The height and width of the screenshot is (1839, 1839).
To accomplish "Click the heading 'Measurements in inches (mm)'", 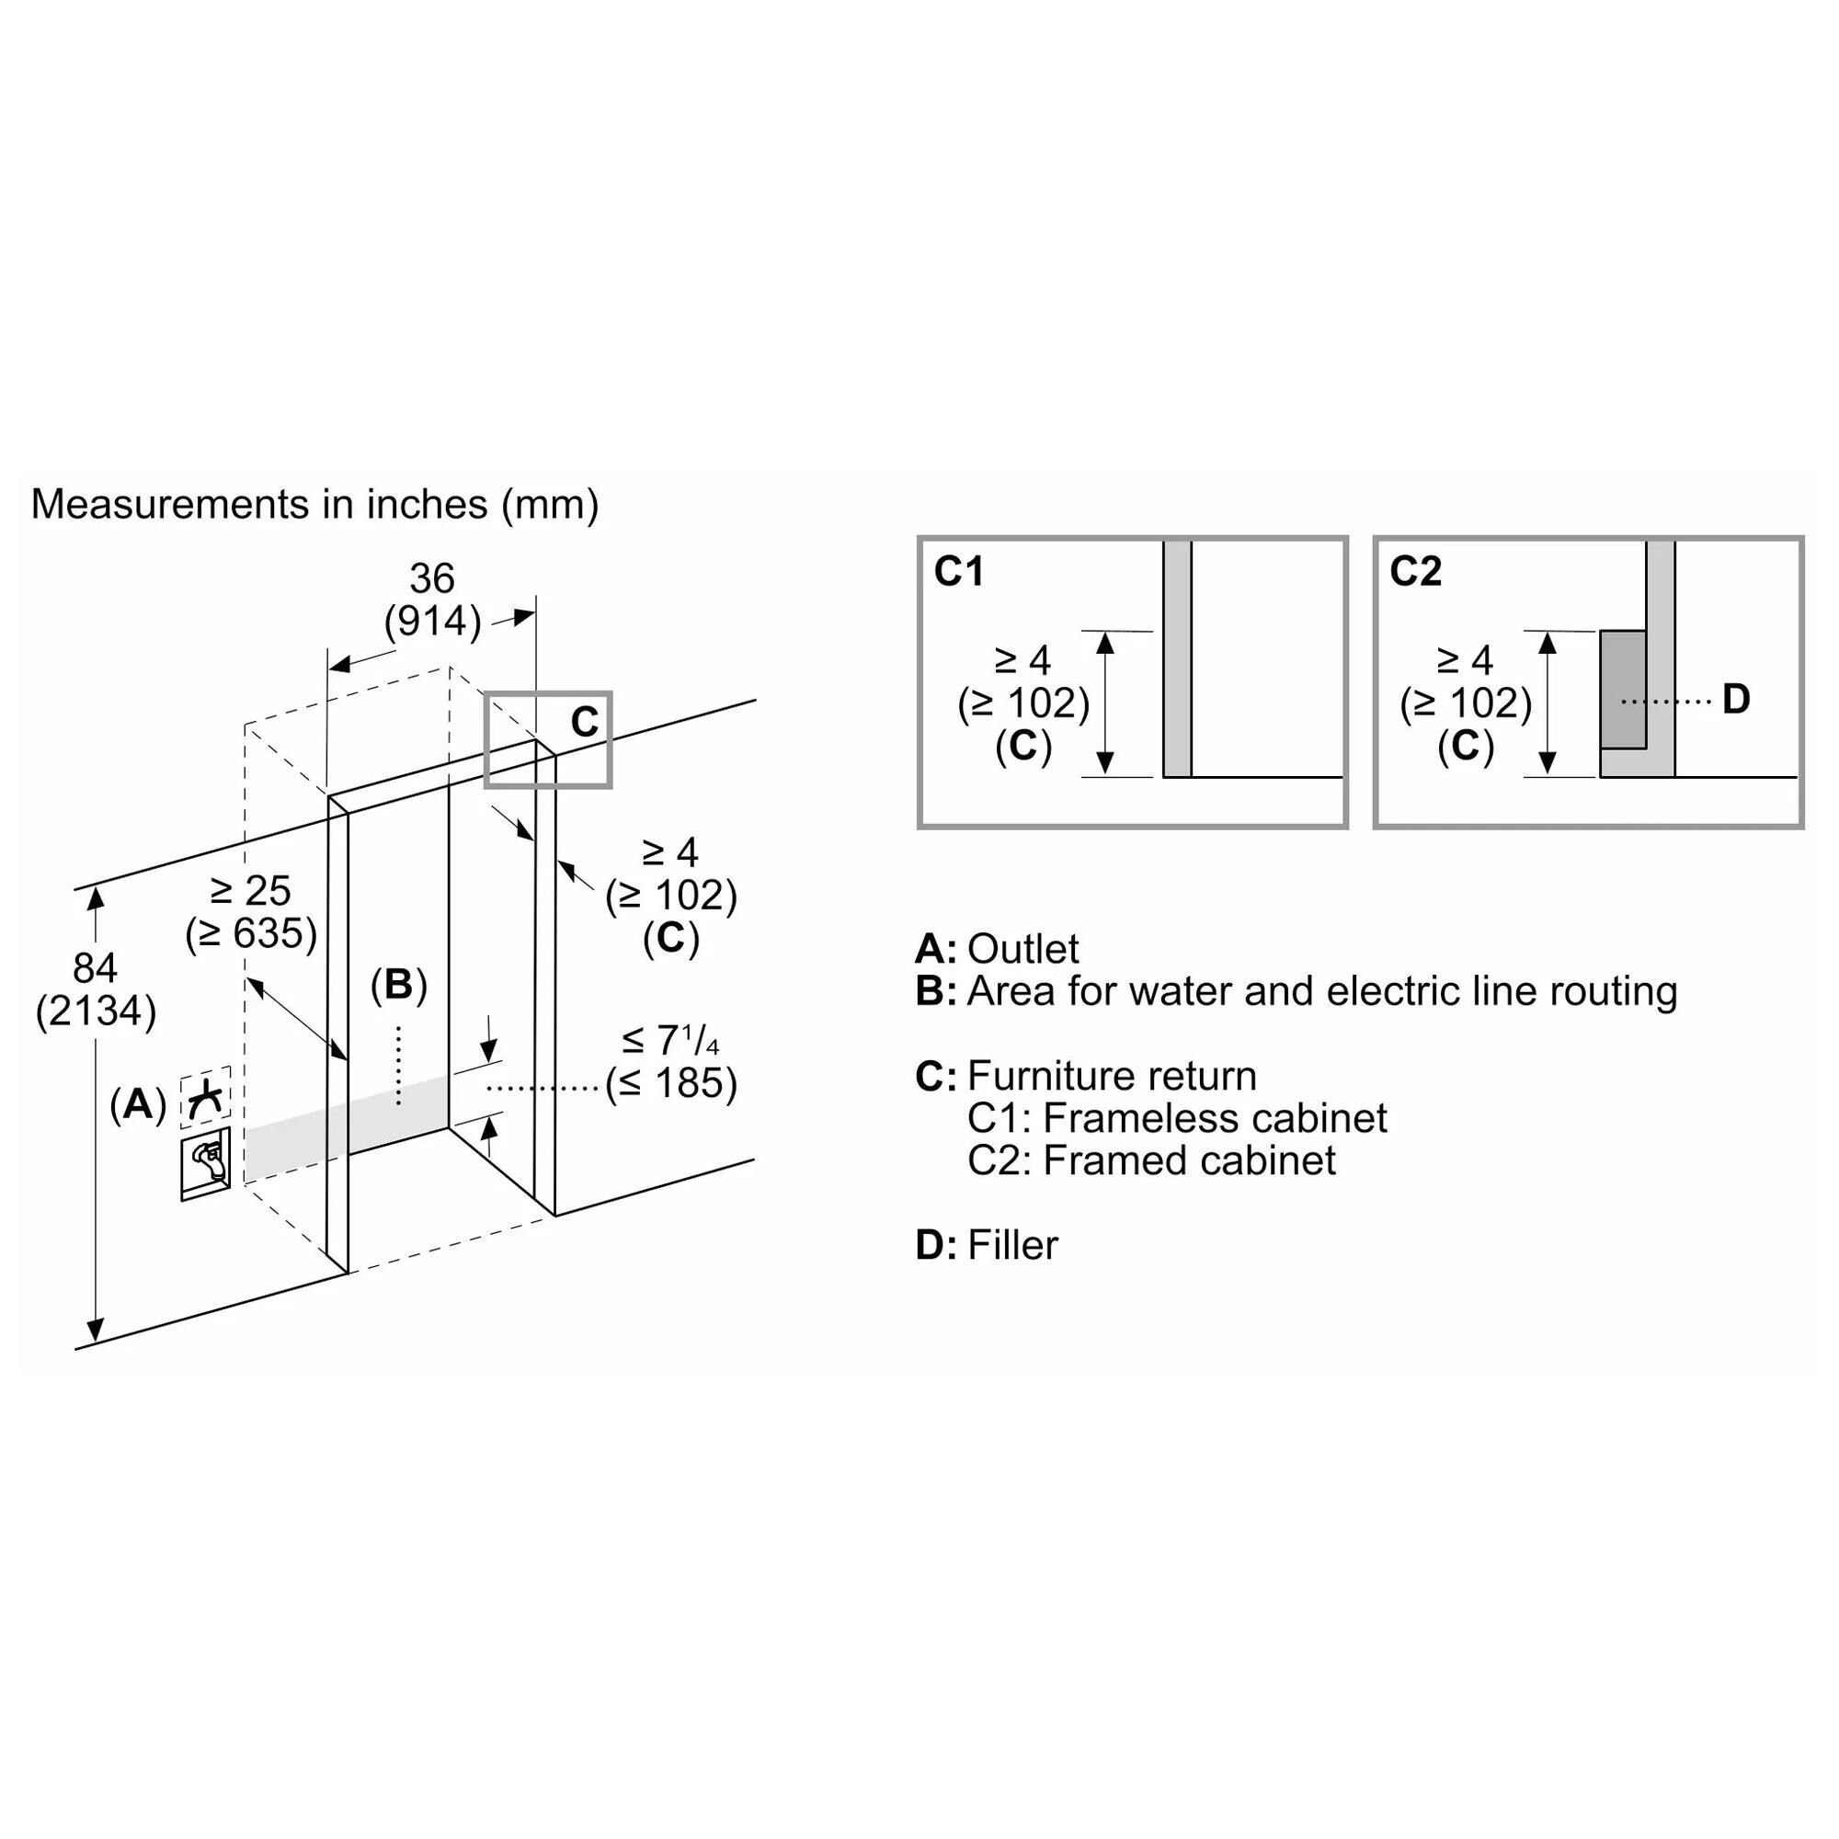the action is point(315,505).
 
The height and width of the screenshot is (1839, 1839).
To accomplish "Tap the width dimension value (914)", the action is point(432,622).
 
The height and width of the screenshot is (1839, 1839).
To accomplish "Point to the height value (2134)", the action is point(96,1011).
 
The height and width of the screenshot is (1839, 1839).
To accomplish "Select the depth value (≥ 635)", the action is point(251,934).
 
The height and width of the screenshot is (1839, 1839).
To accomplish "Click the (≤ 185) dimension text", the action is point(671,1083).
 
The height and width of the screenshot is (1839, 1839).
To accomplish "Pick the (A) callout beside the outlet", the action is point(138,1104).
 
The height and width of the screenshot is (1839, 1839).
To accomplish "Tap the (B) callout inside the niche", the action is point(398,985).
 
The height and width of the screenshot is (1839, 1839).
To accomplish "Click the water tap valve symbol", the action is point(206,1163).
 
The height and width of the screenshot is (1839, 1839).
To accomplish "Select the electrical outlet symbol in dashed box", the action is point(206,1097).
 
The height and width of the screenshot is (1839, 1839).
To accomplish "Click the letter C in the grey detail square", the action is point(585,723).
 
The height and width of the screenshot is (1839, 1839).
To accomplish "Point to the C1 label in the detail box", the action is point(958,571).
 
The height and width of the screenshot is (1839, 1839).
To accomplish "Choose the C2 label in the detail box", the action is point(1415,571).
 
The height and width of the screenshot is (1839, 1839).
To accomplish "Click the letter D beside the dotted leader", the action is point(1736,700).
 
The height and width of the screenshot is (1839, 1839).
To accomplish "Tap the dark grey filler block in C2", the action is point(1623,689).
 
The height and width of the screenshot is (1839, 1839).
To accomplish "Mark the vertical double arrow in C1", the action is point(1105,703).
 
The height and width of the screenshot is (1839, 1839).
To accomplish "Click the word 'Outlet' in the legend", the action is point(1023,949).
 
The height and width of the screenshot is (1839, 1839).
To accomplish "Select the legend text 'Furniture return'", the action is point(1112,1077).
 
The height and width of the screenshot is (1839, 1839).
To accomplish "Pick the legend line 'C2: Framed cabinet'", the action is point(1152,1160).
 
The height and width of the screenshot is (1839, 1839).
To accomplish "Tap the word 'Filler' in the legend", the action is point(1012,1245).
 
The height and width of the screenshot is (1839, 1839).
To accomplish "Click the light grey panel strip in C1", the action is point(1178,658).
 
